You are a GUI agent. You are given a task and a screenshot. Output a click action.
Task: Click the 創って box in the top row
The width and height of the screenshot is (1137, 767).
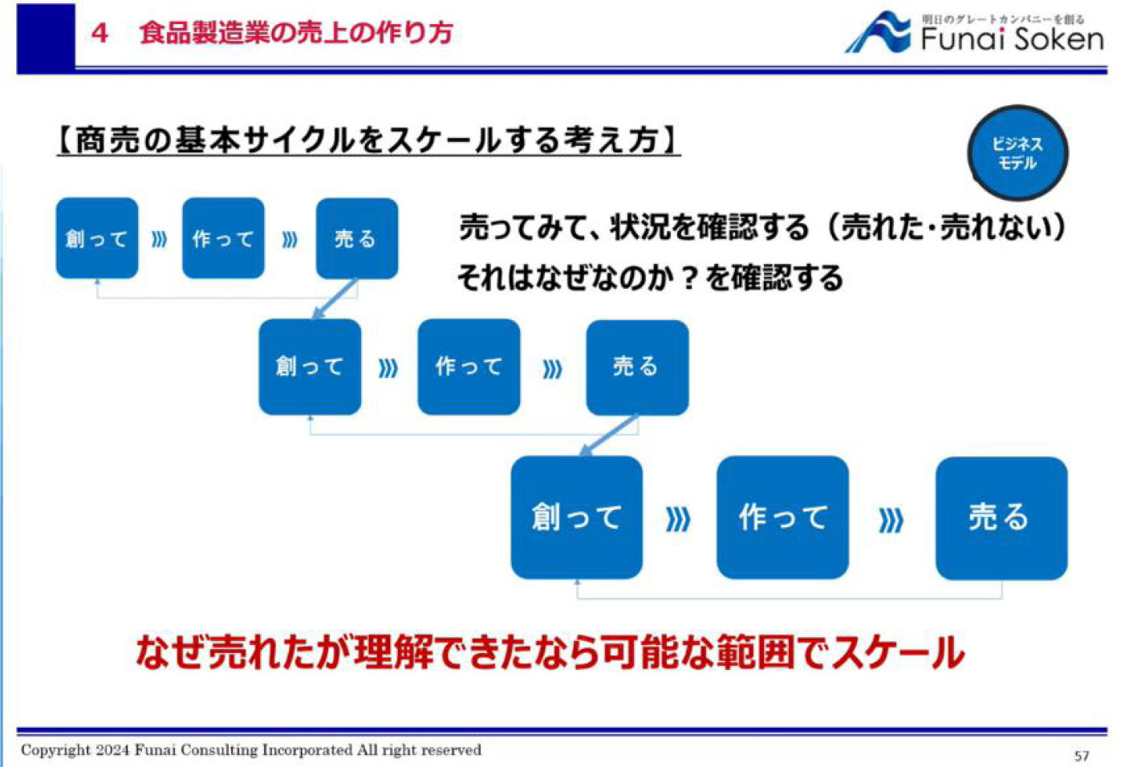point(97,238)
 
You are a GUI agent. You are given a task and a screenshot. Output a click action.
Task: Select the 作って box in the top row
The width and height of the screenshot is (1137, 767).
point(223,238)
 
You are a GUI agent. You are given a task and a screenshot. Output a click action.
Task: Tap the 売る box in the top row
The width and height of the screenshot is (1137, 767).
point(356,238)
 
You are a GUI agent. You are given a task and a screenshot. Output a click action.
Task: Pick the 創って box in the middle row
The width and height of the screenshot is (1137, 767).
point(310,367)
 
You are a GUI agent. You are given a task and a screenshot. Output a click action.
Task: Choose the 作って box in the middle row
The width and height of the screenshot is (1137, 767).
point(469,367)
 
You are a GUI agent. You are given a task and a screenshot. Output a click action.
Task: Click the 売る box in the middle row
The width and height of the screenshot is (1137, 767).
point(637,367)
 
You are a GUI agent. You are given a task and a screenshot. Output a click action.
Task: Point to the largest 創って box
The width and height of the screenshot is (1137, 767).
point(576,517)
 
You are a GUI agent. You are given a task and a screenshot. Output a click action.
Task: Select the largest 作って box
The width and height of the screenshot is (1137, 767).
point(782,517)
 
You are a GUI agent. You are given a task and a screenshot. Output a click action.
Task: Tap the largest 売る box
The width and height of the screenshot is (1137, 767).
point(1001,517)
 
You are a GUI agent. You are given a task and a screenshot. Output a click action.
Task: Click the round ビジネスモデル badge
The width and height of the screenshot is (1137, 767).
point(1017,152)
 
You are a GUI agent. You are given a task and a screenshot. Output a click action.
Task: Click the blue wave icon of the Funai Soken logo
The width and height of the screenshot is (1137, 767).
point(879,34)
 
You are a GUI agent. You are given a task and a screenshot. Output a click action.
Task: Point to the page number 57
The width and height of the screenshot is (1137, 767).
point(1082,756)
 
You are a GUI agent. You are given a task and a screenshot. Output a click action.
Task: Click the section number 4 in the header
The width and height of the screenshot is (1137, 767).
point(99,33)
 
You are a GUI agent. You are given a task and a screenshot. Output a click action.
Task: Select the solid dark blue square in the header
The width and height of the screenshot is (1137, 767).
point(46,36)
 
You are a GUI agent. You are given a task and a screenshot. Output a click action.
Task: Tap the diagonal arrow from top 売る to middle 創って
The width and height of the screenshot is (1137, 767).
point(335,299)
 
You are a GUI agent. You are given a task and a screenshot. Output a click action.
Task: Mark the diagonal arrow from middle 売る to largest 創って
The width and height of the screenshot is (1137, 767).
point(609,436)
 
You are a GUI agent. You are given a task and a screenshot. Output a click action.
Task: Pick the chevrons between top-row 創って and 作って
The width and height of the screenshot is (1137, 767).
point(159,239)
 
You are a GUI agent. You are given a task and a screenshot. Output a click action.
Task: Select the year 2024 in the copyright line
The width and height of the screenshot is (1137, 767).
point(112,750)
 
